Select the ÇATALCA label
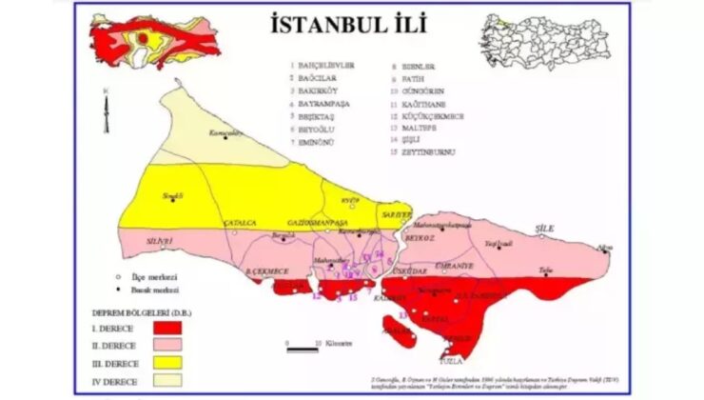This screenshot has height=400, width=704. pos(239,222)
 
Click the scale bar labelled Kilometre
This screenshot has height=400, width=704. pos(303,350)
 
